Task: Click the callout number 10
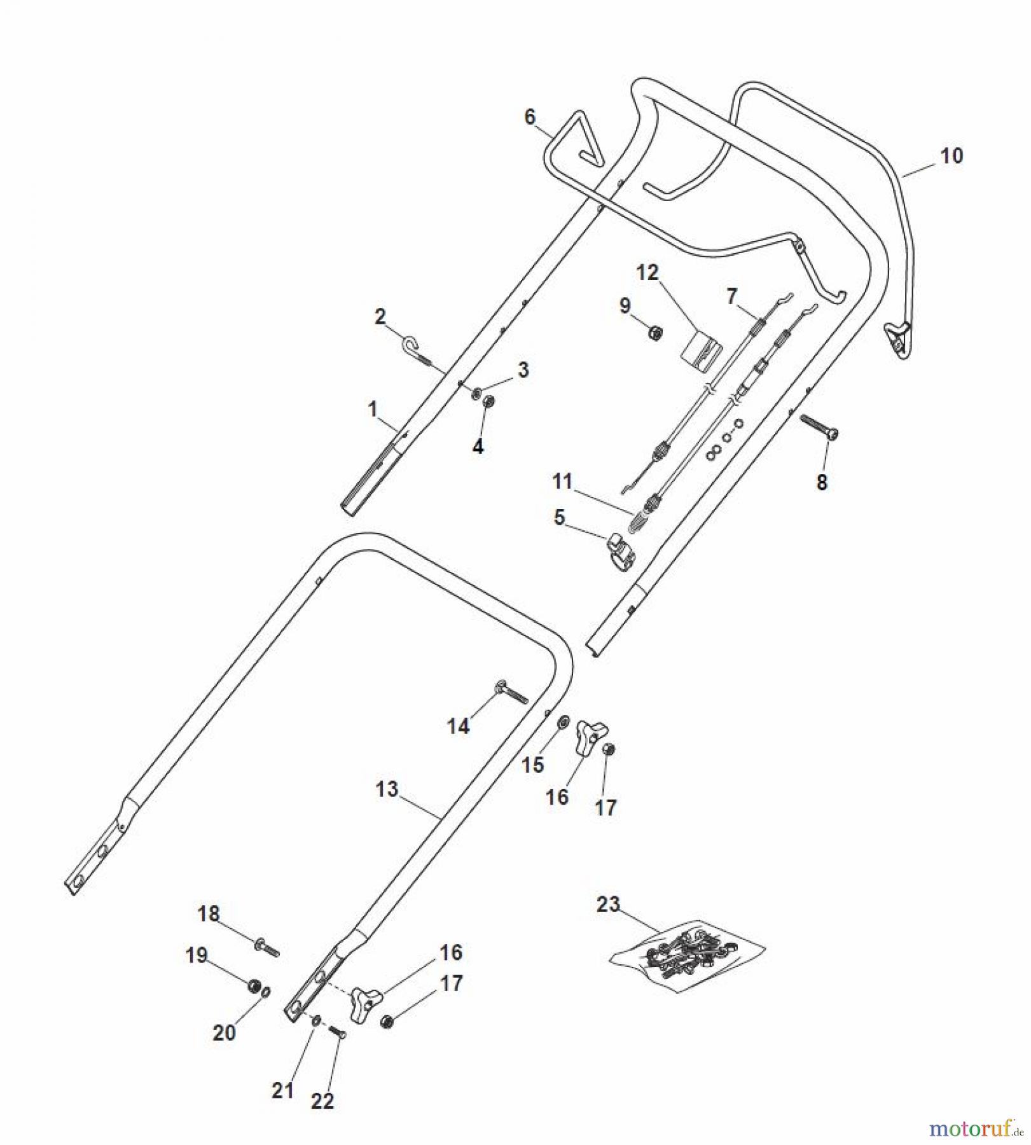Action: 951,156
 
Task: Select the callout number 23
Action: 608,904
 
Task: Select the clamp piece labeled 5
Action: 621,551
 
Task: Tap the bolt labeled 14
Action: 511,691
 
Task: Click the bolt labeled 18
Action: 267,948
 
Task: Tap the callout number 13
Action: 387,789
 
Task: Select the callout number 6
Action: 530,117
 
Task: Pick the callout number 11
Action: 562,481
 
